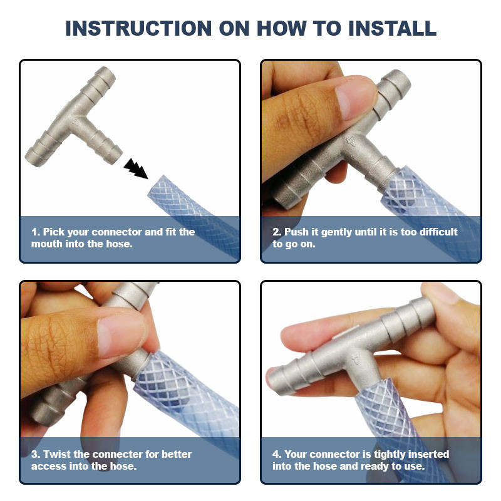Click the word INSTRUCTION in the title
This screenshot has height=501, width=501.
coord(138,28)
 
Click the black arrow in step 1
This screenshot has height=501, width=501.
coord(136,168)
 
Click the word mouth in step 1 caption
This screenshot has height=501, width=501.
coord(46,244)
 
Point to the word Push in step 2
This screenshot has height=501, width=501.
coord(296,232)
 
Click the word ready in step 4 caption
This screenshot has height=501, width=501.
coord(374,467)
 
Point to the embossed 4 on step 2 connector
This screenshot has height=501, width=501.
coord(351,140)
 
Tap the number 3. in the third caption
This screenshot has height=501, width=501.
coord(36,454)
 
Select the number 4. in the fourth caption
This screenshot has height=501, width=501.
coord(277,454)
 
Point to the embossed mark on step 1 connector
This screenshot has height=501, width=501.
coord(75,121)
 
